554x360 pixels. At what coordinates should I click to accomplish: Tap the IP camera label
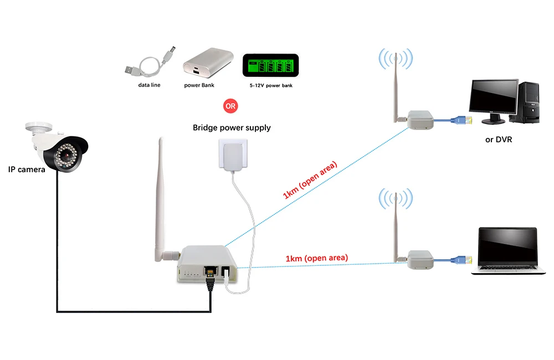coord(27,169)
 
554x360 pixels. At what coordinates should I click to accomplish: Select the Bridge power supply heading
coord(232,128)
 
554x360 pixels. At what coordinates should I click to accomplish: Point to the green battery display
coord(270,66)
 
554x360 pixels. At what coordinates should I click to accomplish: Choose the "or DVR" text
coord(499,140)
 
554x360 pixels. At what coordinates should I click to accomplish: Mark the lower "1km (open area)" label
coord(317,258)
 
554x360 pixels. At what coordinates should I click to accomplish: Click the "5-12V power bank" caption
coord(271,86)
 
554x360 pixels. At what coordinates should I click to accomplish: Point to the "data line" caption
coord(149,85)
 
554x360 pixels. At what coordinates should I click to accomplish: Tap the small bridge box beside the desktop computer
coord(420,119)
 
